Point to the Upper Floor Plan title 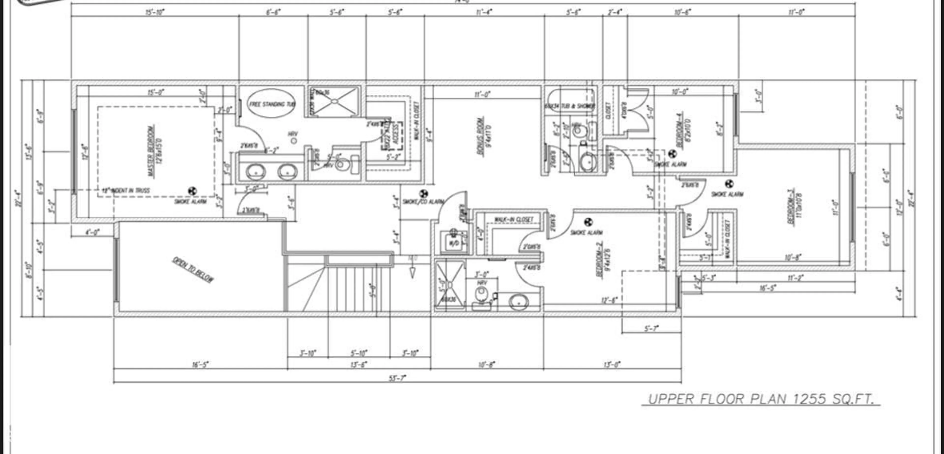[x=760, y=399]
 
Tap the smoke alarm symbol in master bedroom [x=192, y=191]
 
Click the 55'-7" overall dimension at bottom [x=397, y=378]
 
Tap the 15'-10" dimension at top [x=155, y=12]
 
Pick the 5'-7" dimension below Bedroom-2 [x=651, y=329]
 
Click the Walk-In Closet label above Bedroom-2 [x=514, y=220]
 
